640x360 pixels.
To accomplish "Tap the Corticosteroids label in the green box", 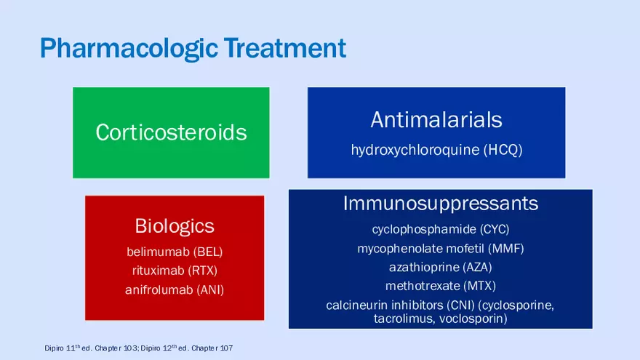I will point(171,132).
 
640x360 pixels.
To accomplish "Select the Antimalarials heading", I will point(436,119).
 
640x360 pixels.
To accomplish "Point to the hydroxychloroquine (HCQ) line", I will point(436,151).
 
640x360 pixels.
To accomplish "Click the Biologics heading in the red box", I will point(175,225).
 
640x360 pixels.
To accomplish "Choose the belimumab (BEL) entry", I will point(175,252).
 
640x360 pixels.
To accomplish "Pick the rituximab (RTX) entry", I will point(175,271).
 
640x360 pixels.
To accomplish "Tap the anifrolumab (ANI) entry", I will point(175,289).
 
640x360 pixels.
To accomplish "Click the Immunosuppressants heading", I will point(441,203).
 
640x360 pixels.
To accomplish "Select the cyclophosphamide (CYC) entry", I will point(441,230).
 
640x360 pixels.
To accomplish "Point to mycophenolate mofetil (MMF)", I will point(441,249).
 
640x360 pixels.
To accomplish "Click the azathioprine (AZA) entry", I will point(441,267).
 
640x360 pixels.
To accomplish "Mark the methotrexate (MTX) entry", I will point(441,286).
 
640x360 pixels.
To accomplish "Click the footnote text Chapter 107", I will point(212,349).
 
